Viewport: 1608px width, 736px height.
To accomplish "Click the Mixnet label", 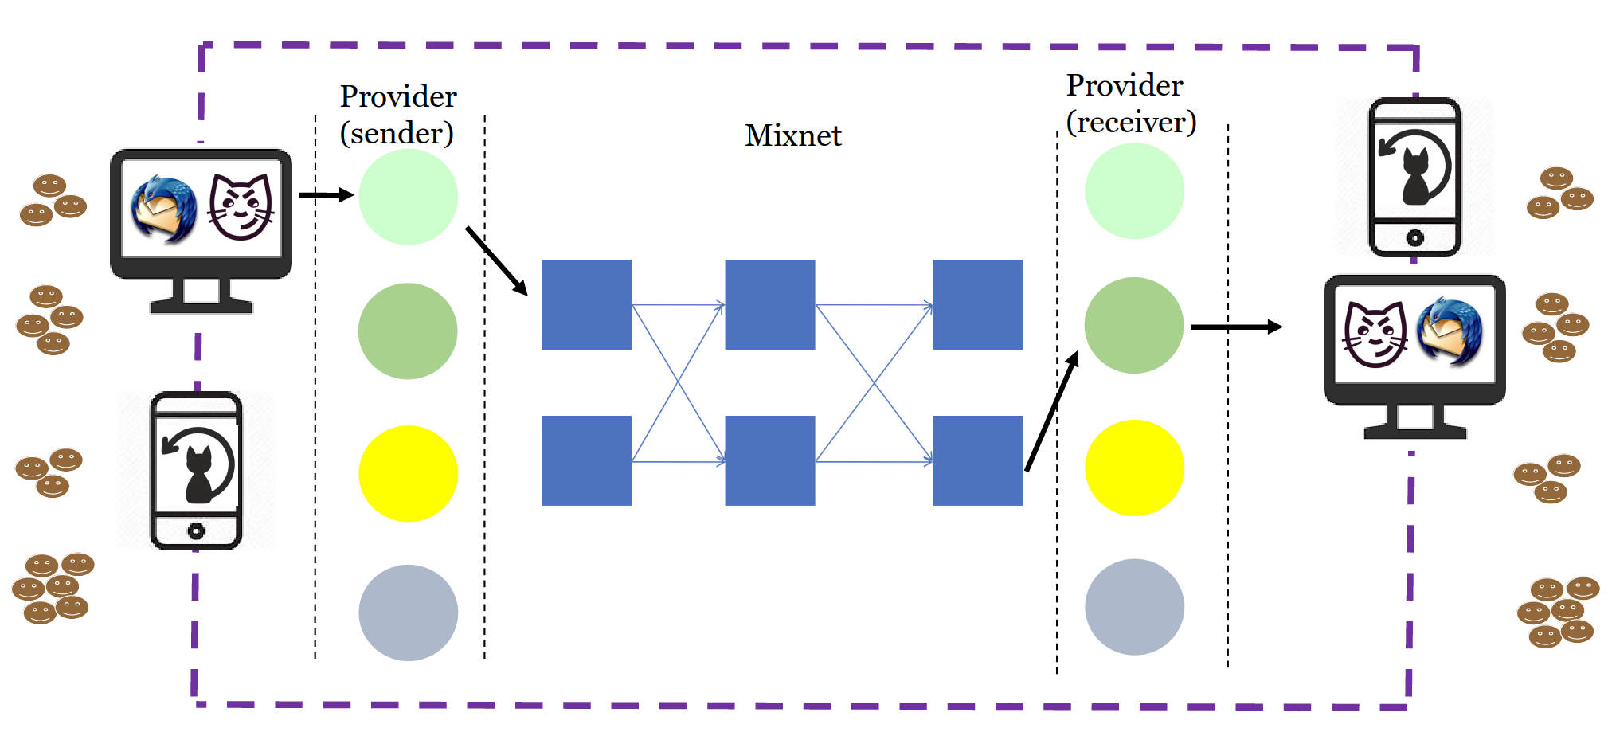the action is (792, 135).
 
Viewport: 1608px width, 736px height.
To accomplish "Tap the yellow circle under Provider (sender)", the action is (408, 474).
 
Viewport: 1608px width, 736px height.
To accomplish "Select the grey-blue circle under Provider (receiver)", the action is (1134, 607).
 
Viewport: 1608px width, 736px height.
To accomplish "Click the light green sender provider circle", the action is (408, 196).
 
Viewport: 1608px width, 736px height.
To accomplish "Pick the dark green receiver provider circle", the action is (1134, 325).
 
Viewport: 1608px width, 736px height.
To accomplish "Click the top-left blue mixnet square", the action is (586, 304).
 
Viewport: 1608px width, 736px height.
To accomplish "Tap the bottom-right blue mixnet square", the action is (977, 460).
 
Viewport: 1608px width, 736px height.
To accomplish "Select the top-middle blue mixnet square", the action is (769, 304).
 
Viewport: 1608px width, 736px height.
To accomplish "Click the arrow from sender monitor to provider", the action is (327, 194).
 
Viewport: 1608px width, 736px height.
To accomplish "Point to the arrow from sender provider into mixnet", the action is (497, 261).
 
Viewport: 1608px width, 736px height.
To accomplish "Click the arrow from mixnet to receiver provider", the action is (1052, 411).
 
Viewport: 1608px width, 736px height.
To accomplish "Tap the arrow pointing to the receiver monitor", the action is (1236, 327).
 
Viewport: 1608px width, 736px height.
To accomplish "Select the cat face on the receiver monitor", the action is (1375, 335).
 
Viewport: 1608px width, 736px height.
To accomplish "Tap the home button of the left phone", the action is (196, 530).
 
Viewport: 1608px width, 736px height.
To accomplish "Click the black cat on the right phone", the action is (1414, 177).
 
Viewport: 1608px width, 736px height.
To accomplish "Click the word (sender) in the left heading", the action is (397, 133).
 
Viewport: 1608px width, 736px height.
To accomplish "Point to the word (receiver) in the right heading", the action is (1131, 122).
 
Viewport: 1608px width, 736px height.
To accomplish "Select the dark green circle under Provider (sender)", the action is (408, 331).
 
